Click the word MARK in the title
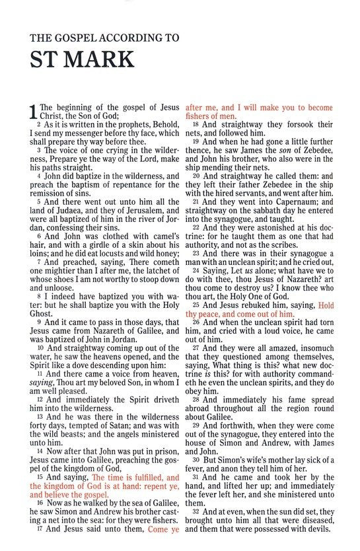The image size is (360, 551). point(96,59)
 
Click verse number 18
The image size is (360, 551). point(196,124)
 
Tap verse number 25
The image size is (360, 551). point(196,306)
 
